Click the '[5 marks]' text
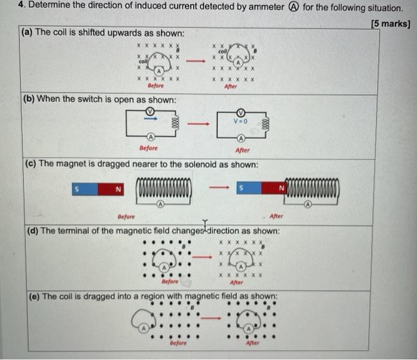tap(390, 24)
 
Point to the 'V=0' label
tap(241, 122)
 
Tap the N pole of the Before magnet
tap(118, 190)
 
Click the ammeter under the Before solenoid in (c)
tap(160, 204)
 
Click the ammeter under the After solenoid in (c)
tap(307, 204)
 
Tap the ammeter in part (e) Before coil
tap(144, 328)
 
